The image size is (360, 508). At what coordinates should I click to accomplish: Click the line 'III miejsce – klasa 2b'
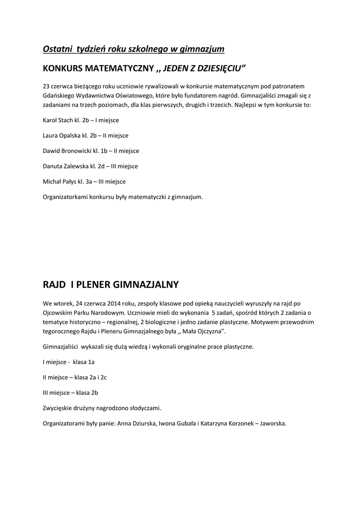click(x=71, y=393)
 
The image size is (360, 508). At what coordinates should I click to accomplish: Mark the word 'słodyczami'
click(x=146, y=408)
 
